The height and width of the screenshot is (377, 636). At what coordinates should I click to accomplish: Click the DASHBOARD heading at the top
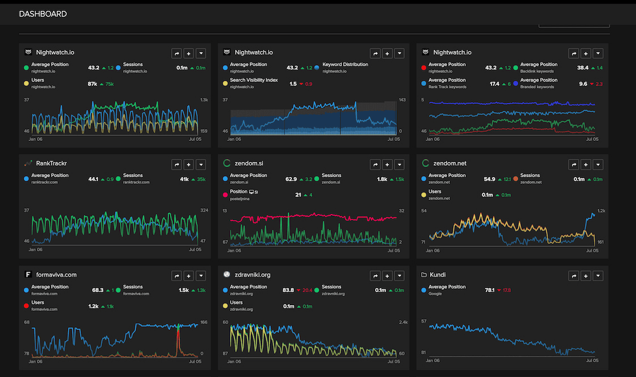pos(43,14)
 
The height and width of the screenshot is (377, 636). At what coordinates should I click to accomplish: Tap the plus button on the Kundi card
pos(586,276)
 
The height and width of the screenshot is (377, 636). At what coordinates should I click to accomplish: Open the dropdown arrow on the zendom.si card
pos(400,165)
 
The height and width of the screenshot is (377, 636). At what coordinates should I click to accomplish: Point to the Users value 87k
pos(93,84)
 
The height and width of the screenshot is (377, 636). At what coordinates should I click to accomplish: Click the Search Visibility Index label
pos(254,80)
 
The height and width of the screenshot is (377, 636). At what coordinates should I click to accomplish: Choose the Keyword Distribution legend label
pos(345,65)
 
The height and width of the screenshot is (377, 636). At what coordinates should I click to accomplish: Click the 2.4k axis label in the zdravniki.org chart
pos(403,322)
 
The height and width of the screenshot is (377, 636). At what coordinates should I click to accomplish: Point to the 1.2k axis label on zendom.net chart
pos(601,211)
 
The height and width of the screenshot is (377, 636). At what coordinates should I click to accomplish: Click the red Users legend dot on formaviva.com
pos(26,306)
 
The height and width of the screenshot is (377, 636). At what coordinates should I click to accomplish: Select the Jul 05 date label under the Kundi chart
pos(592,360)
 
